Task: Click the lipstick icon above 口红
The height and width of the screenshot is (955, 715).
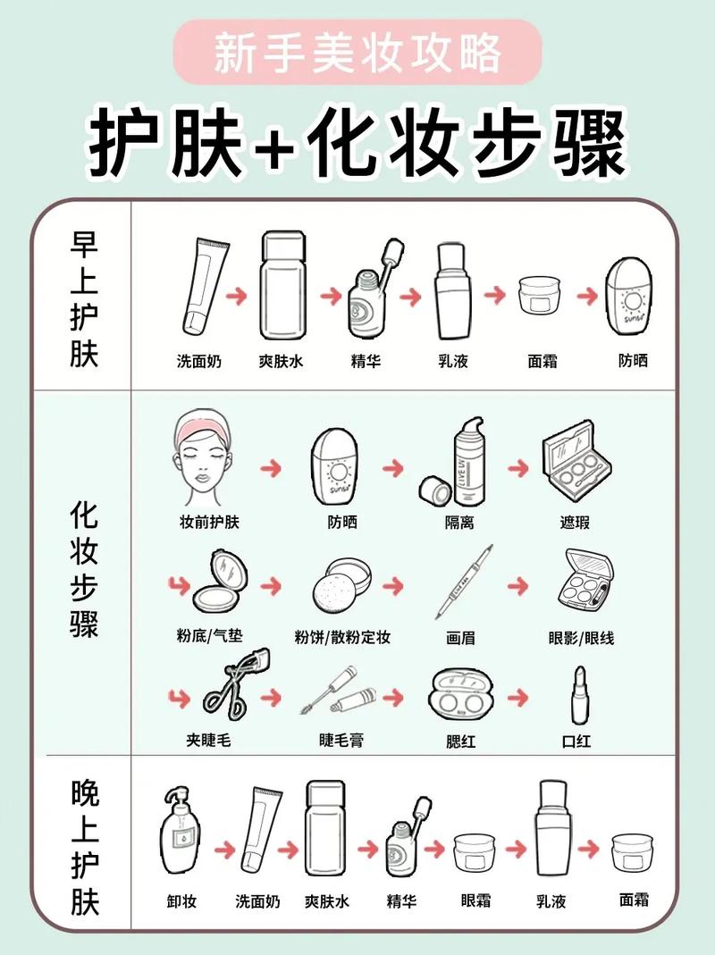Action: [x=579, y=694]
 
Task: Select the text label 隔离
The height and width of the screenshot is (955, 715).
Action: [x=459, y=523]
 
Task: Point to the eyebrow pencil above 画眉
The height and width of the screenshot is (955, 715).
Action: [x=464, y=582]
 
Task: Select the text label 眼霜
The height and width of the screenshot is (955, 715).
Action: [x=475, y=901]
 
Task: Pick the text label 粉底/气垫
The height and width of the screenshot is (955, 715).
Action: [x=209, y=637]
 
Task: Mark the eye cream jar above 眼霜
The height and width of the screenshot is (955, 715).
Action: [x=475, y=852]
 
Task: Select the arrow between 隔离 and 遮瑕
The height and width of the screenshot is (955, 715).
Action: [x=518, y=468]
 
